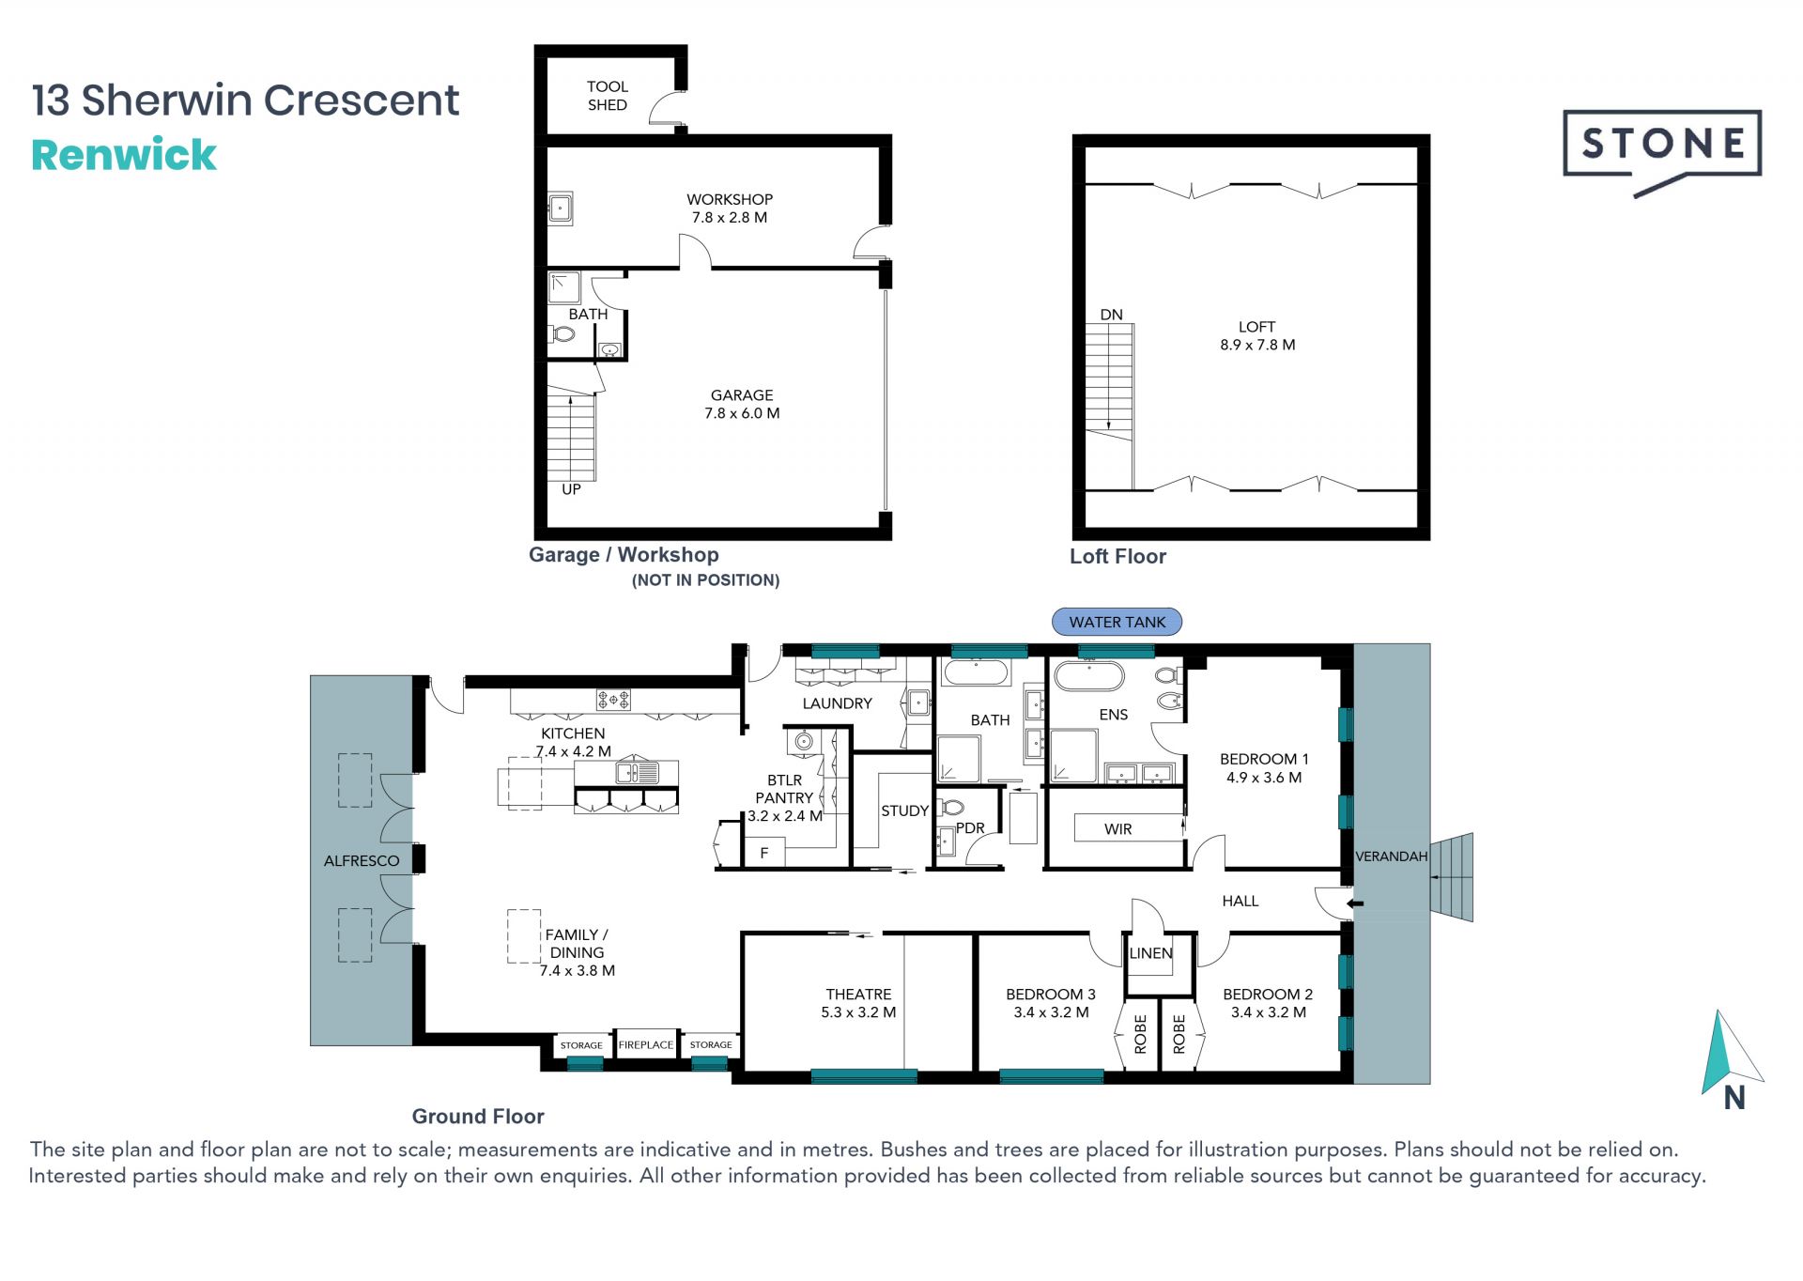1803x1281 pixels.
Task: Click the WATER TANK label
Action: [1117, 622]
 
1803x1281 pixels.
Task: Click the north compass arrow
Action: [1730, 1053]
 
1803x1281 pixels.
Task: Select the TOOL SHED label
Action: [608, 96]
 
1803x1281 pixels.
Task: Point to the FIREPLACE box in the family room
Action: [646, 1044]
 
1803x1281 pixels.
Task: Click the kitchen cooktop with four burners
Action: [613, 699]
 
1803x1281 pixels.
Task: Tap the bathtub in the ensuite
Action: [1089, 676]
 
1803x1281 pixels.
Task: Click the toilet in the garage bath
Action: [562, 333]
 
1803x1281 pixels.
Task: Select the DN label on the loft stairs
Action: [1111, 315]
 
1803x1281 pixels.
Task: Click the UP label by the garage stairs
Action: [571, 489]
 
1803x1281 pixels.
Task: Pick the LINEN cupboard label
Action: [1151, 953]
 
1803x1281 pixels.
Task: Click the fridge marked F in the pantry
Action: [764, 853]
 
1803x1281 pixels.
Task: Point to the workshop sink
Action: [561, 208]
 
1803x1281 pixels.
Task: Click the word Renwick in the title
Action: [124, 155]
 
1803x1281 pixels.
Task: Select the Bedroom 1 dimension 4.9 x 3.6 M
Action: [1263, 778]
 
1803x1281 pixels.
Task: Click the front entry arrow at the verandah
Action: [1355, 903]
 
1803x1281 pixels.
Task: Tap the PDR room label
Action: [970, 828]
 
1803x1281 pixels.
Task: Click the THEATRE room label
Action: [858, 994]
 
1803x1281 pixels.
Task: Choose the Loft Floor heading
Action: [1117, 556]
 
